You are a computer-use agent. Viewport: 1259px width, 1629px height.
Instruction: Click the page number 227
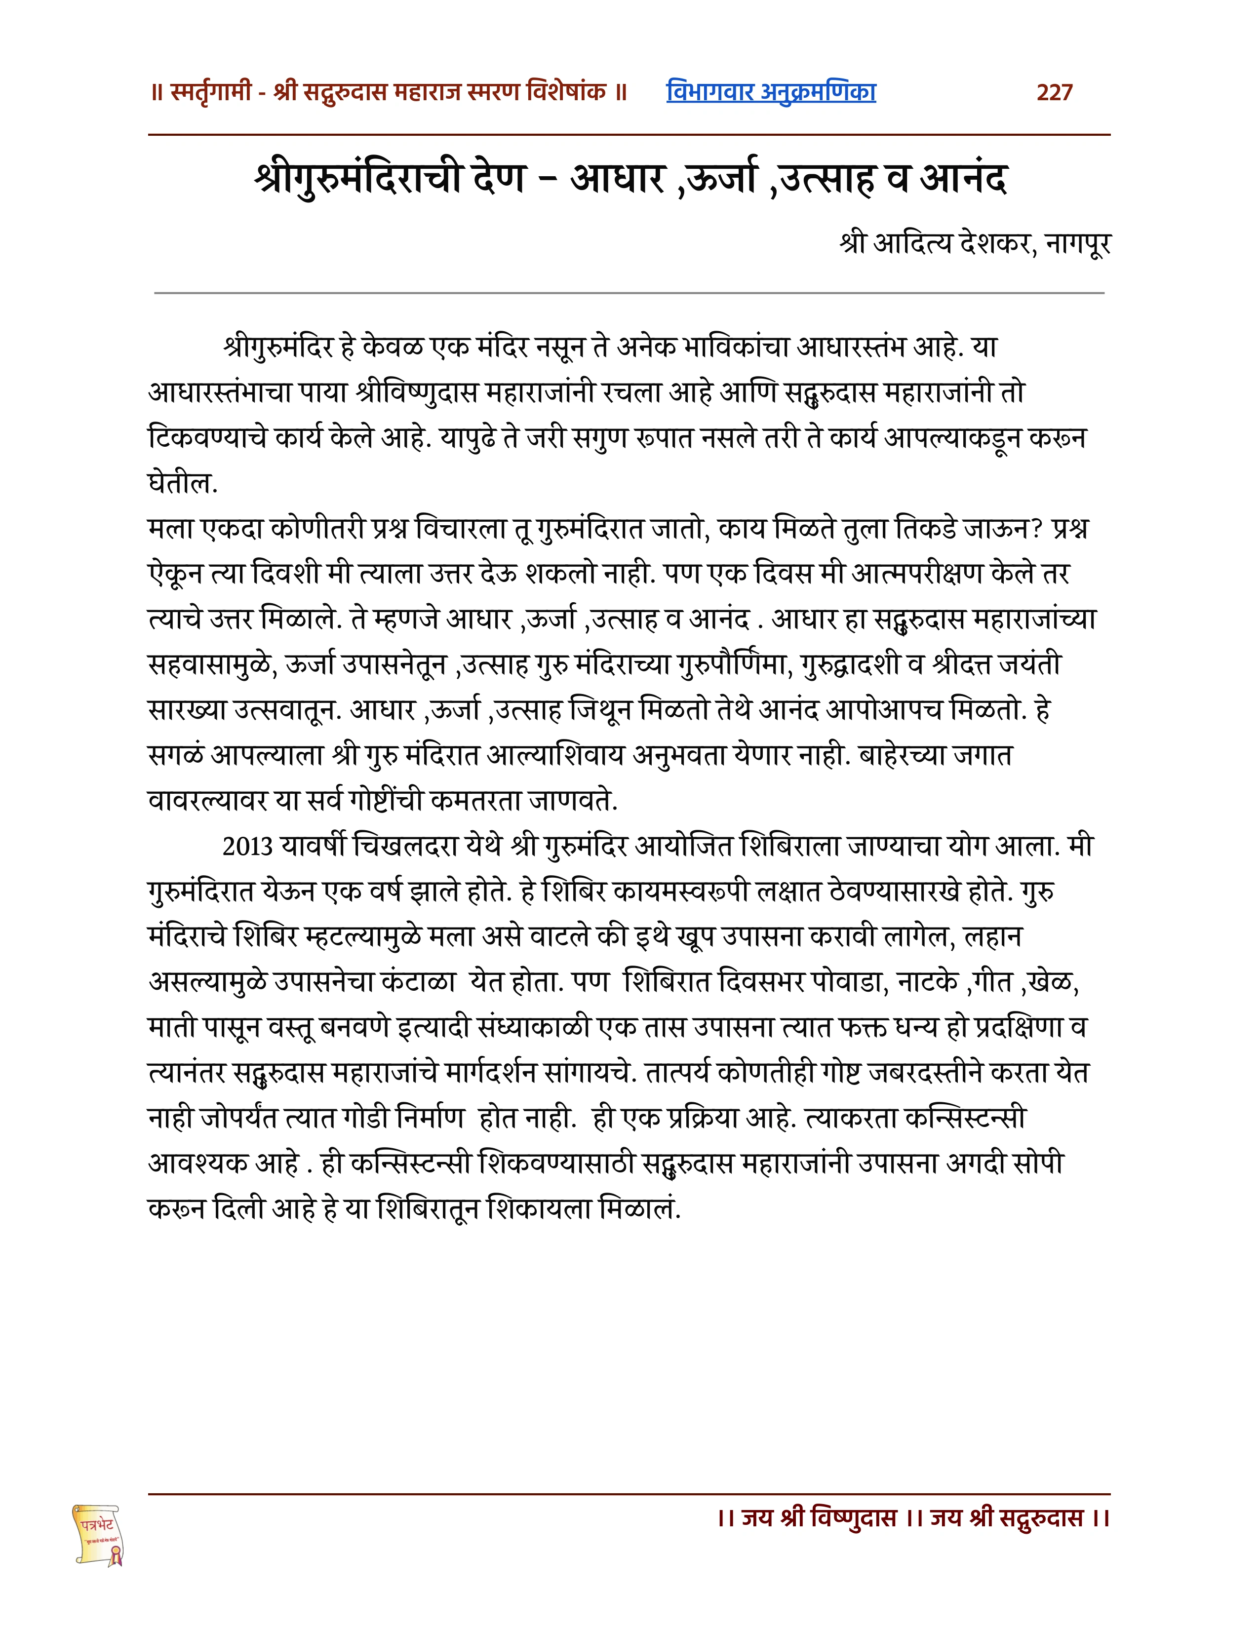click(x=1054, y=92)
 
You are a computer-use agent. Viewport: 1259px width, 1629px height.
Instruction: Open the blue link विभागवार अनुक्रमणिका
click(x=771, y=92)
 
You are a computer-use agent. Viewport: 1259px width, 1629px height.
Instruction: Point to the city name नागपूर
click(x=1078, y=244)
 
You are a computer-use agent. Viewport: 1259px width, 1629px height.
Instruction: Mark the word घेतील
click(x=182, y=483)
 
